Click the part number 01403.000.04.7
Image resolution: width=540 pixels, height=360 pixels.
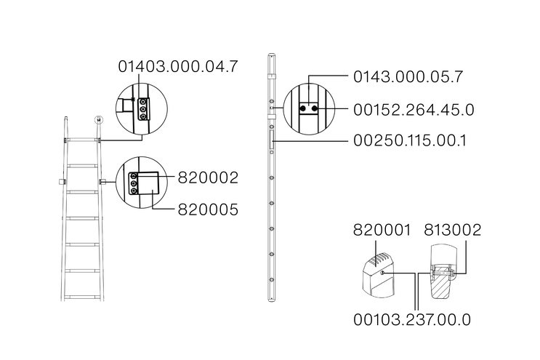[178, 66]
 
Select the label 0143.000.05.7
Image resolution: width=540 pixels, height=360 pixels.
[408, 76]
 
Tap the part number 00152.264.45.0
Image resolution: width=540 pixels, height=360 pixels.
[414, 110]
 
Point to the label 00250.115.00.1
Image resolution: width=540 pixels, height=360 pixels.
[410, 140]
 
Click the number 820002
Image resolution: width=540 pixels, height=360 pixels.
[208, 177]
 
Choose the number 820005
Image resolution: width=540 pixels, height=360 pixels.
[208, 209]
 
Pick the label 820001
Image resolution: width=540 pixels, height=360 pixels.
[382, 230]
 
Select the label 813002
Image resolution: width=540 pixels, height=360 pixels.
[452, 230]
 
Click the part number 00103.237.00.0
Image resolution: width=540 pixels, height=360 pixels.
[412, 320]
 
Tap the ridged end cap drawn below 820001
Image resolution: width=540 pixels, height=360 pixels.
[378, 276]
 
